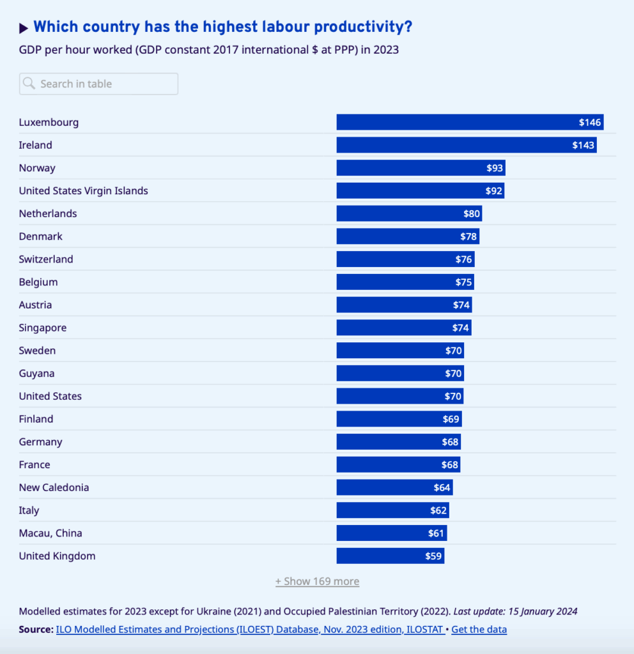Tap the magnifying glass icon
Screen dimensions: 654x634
click(x=29, y=84)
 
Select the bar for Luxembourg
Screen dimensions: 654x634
click(x=470, y=122)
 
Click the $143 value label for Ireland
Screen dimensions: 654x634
click(x=583, y=145)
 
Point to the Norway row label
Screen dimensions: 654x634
click(x=37, y=168)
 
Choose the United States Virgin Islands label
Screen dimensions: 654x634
click(x=83, y=191)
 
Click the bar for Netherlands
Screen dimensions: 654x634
click(x=409, y=213)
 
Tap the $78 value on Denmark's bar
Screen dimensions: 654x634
click(x=468, y=236)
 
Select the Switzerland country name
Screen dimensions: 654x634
click(x=46, y=259)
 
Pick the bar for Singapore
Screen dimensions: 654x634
click(x=403, y=328)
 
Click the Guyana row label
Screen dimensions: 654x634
click(x=36, y=374)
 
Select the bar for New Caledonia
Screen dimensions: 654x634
click(x=394, y=487)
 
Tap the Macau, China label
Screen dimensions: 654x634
click(x=50, y=533)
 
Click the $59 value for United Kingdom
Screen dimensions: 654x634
click(x=433, y=556)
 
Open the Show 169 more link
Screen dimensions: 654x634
click(x=317, y=582)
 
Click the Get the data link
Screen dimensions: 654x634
click(x=479, y=630)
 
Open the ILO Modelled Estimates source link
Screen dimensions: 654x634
click(x=250, y=630)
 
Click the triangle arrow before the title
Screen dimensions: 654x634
click(x=24, y=27)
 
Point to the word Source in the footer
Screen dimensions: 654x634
click(x=36, y=630)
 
